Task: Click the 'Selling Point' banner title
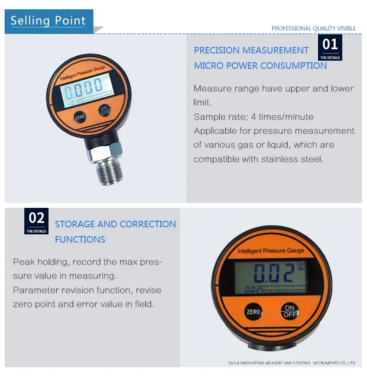(48, 21)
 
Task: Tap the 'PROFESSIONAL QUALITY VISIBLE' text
(314, 28)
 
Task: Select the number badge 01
(330, 47)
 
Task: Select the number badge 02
(37, 221)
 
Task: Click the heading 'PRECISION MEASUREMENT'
(251, 50)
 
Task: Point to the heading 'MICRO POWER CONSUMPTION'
(260, 66)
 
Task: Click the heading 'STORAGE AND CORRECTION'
(115, 224)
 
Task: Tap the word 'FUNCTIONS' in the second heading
(80, 239)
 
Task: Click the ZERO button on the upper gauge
(80, 118)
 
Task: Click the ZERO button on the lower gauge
(253, 312)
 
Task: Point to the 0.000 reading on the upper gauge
(83, 86)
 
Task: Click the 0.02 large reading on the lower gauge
(273, 273)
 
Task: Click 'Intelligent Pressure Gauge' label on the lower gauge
(271, 251)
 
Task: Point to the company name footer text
(292, 363)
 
